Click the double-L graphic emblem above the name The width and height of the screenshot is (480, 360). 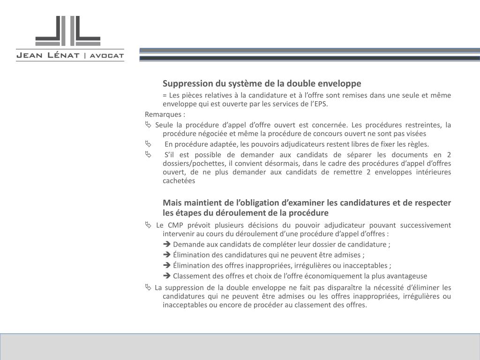point(68,30)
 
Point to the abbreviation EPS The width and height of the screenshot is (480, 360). point(322,104)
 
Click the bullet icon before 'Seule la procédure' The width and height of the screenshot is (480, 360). point(148,125)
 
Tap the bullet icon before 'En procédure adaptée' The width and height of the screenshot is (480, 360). point(148,144)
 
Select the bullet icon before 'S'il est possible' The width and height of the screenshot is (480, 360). point(148,154)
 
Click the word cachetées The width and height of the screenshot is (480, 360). point(179,180)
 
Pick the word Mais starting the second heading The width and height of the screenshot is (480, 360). point(172,202)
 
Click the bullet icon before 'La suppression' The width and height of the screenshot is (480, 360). point(148,287)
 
